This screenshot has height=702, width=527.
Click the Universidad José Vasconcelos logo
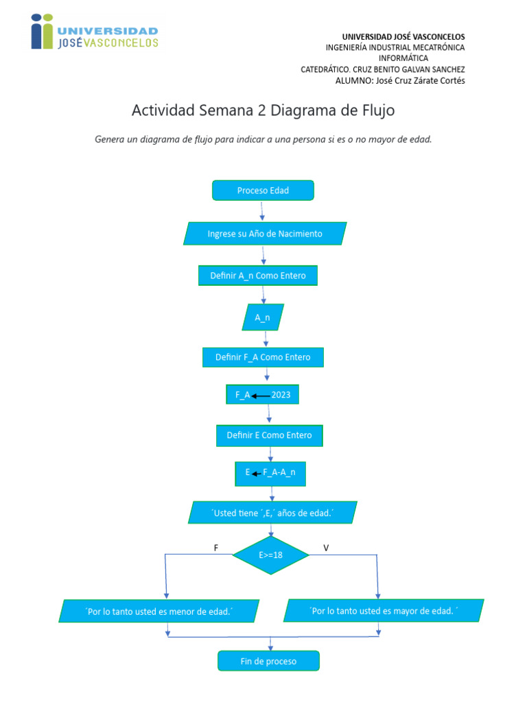click(x=94, y=32)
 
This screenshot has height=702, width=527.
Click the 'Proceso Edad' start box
click(x=263, y=191)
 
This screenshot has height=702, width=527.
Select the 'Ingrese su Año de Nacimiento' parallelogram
click(x=265, y=234)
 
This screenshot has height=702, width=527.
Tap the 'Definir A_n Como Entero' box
click(x=258, y=276)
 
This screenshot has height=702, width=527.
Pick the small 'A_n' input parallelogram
click(x=263, y=317)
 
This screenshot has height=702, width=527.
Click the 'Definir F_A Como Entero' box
click(x=263, y=357)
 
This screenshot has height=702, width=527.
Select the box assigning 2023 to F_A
click(x=263, y=395)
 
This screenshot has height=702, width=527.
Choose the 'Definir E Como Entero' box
click(x=269, y=435)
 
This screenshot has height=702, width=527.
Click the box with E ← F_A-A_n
click(x=270, y=473)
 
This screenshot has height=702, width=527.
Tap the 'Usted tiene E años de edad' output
click(x=272, y=513)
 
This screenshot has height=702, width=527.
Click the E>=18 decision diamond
click(x=271, y=555)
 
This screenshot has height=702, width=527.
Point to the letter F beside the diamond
click(x=216, y=548)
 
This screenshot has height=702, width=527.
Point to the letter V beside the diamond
click(x=326, y=548)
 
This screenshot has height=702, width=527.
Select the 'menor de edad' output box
click(x=159, y=611)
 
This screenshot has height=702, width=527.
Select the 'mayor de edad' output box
click(x=384, y=610)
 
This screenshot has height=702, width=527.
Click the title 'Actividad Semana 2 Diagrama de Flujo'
click(x=263, y=110)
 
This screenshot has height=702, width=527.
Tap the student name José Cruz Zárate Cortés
click(x=399, y=80)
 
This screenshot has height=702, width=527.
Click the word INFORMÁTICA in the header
click(x=403, y=58)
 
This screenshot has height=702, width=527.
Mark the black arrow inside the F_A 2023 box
click(x=261, y=396)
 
